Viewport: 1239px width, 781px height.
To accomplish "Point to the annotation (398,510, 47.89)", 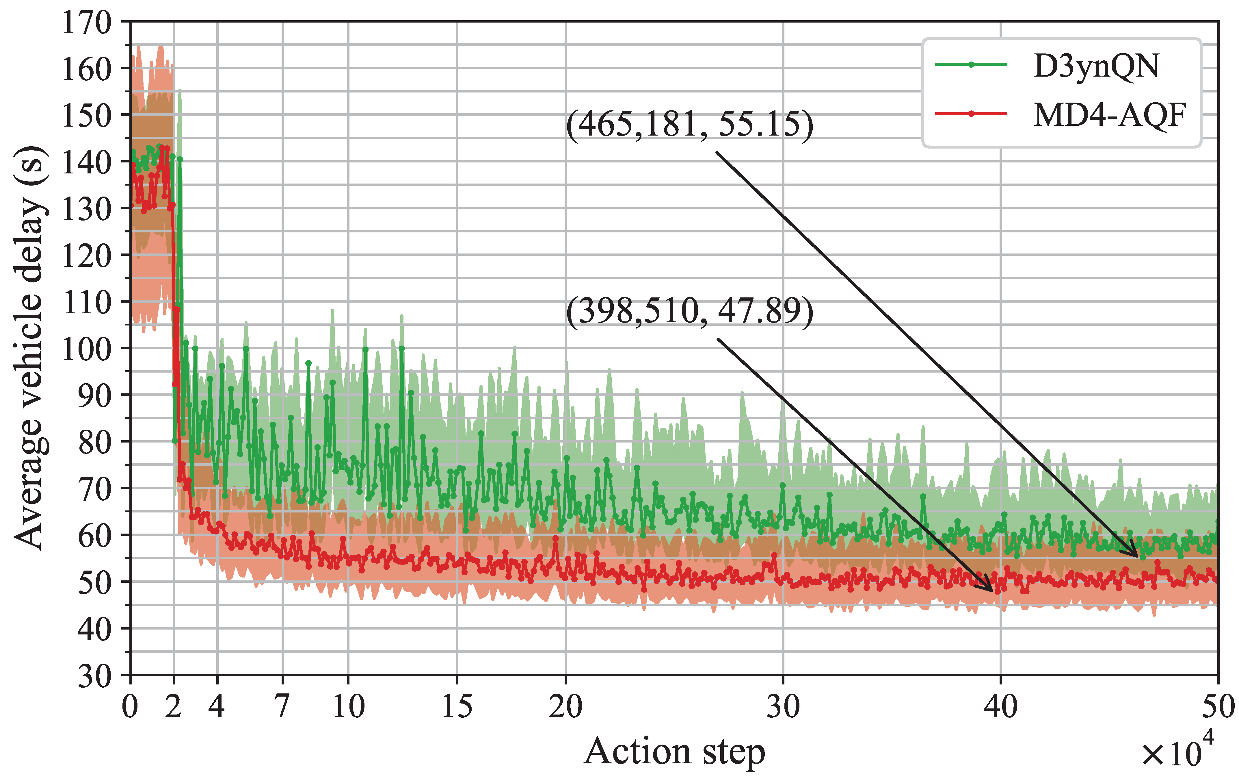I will pyautogui.click(x=689, y=312).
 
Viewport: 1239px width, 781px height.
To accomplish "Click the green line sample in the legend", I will pyautogui.click(x=971, y=65).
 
